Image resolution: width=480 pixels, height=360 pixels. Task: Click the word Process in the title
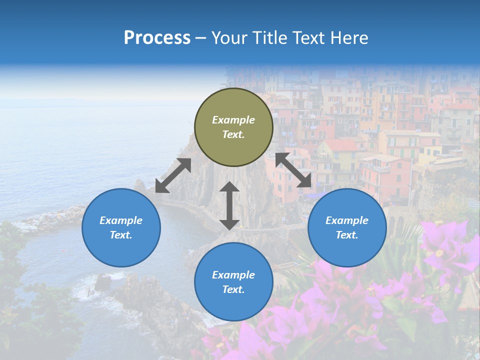(x=157, y=38)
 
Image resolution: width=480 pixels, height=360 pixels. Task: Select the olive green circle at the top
(x=233, y=127)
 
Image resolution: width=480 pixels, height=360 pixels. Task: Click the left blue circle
(x=121, y=227)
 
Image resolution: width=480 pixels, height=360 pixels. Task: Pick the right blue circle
(x=347, y=227)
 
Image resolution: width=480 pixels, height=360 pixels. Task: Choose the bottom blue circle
(x=233, y=281)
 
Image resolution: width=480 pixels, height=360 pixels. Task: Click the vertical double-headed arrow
(x=229, y=205)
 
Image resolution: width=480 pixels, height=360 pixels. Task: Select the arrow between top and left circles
(x=173, y=175)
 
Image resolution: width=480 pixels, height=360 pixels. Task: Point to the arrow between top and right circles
(x=293, y=170)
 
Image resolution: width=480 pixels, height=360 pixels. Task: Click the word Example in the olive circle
(x=233, y=120)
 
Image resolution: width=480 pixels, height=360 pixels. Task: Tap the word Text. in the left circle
(x=121, y=235)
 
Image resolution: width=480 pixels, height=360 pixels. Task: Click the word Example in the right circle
(x=347, y=220)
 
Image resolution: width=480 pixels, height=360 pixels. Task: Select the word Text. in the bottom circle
(x=233, y=289)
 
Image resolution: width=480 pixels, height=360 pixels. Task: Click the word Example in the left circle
(x=121, y=220)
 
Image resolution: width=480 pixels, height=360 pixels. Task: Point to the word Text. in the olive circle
(x=233, y=135)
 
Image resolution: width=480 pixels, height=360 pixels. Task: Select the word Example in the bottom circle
(x=233, y=275)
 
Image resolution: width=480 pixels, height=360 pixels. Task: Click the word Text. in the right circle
(x=347, y=235)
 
